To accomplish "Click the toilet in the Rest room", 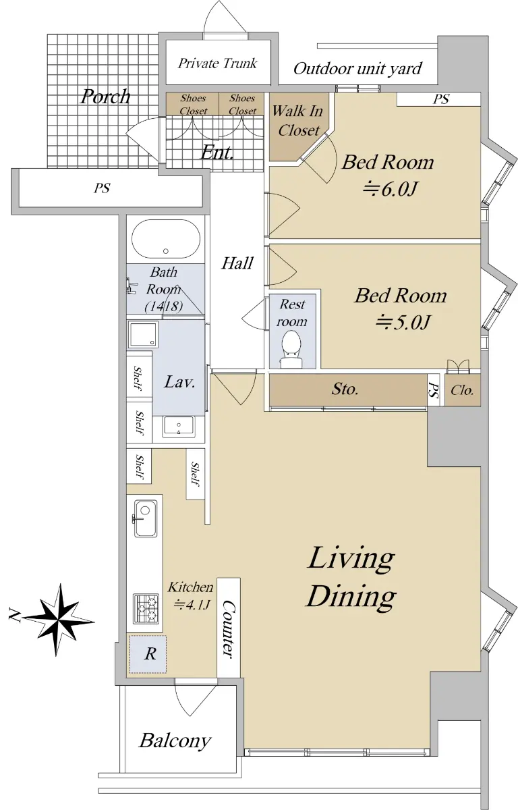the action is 291,350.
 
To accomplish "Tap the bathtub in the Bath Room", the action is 166,239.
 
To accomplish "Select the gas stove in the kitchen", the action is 146,609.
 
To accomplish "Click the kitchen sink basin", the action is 146,518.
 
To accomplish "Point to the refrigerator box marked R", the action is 148,654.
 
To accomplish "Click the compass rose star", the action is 58,620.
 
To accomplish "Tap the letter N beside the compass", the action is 13,614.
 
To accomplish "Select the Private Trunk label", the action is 217,63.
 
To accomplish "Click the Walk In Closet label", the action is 297,121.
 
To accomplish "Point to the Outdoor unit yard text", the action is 357,69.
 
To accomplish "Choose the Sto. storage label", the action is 345,389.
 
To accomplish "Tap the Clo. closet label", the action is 462,390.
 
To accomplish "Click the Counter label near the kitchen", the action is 228,629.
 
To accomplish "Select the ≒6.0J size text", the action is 390,189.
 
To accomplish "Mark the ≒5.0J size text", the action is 403,322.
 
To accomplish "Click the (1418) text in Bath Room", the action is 164,306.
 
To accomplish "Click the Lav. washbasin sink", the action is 179,427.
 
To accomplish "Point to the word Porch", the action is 105,97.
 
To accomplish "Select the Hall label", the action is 237,263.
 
